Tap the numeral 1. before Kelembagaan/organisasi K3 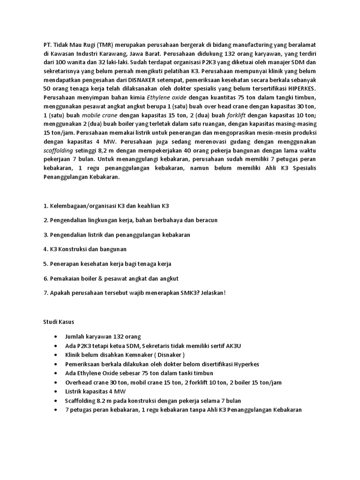[45, 206]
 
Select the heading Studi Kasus [58, 322]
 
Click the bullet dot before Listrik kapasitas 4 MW [56, 391]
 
